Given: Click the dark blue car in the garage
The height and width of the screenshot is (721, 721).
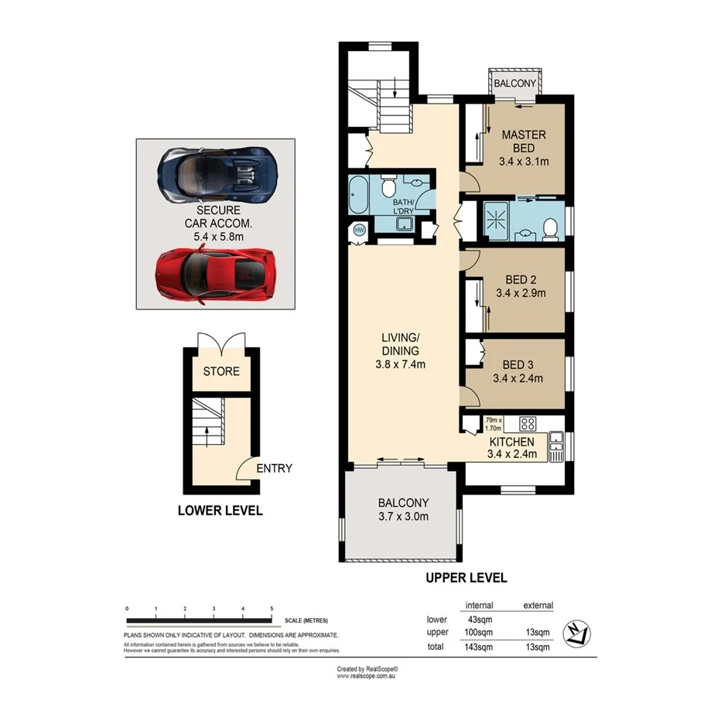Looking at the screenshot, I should tap(216, 173).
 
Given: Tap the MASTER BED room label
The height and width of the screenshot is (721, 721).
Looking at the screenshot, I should tap(523, 142).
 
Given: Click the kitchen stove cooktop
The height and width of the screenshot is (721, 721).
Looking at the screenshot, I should tap(528, 423).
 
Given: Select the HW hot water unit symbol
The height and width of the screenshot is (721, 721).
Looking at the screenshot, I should tap(359, 230).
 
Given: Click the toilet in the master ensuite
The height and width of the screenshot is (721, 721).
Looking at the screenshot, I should tap(549, 228).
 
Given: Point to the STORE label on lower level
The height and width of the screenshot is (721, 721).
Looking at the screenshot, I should tap(221, 371).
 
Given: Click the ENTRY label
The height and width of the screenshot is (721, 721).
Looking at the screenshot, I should tap(274, 468).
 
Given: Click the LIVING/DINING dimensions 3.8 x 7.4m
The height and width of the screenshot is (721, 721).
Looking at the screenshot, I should tap(401, 365).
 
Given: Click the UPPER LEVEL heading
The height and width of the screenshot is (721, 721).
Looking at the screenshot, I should tap(466, 578).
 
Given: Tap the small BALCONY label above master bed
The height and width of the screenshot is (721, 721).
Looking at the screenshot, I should tap(514, 83).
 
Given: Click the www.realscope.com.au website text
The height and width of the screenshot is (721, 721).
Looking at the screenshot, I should tap(367, 675).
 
